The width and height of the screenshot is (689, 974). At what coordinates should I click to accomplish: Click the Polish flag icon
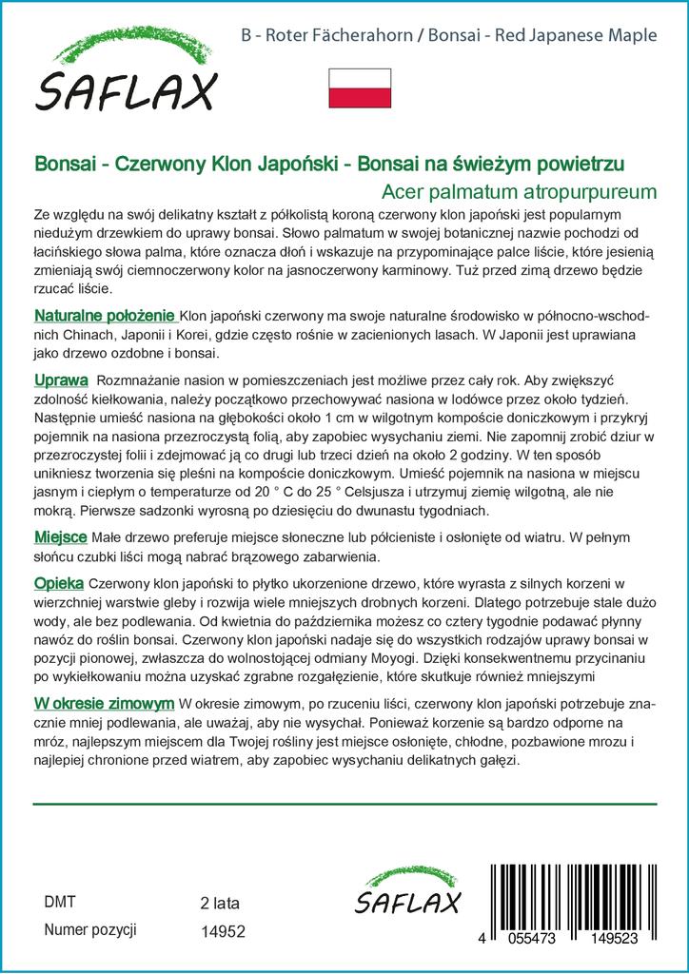pyautogui.click(x=360, y=88)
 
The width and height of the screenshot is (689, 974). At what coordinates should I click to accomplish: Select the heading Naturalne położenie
pyautogui.click(x=105, y=315)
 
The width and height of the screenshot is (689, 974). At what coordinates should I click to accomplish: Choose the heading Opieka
pyautogui.click(x=59, y=582)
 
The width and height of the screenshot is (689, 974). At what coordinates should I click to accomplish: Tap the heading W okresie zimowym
pyautogui.click(x=104, y=702)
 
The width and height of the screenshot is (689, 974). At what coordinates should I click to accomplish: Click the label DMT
pyautogui.click(x=59, y=902)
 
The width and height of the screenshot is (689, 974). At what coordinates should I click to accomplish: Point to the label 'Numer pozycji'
pyautogui.click(x=90, y=929)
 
